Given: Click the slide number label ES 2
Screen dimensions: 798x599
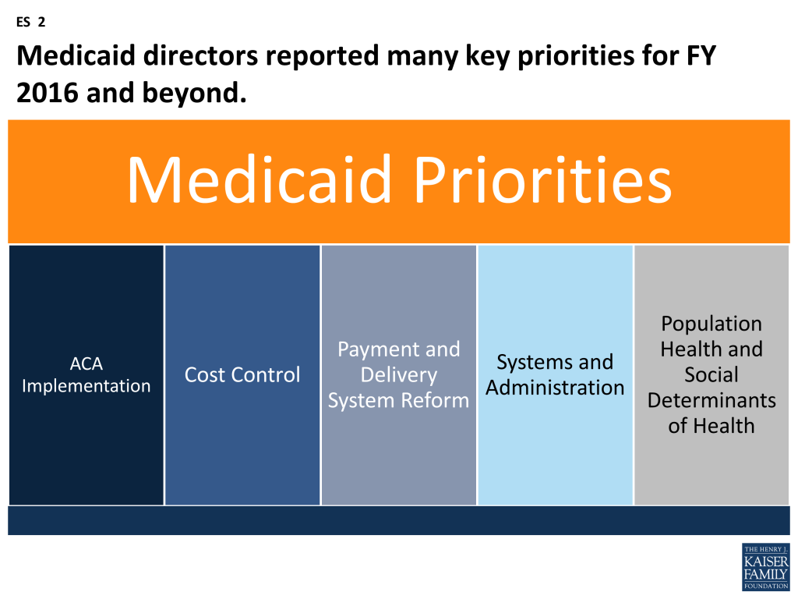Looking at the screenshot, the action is point(30,22).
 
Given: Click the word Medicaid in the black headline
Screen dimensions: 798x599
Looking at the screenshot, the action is point(76,55).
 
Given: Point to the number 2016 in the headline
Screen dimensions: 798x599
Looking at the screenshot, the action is point(48,93).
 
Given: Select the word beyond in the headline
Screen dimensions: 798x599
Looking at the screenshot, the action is point(194,94).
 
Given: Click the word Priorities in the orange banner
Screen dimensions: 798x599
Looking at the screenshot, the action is point(542,180).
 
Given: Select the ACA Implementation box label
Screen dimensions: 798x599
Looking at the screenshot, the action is point(86,375).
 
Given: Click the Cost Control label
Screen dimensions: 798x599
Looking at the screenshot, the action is point(242,375).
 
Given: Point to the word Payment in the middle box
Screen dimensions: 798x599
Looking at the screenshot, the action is point(378,350).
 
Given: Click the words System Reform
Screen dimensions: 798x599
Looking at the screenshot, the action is point(398,400).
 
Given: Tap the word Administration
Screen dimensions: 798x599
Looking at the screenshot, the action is point(555,388).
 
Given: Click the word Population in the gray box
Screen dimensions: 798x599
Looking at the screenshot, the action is point(711,324).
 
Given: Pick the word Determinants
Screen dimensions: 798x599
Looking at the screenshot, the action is point(711,400).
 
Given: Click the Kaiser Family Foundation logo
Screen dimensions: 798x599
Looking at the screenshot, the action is point(765,566).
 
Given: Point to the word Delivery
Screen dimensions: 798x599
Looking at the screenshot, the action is point(398,375).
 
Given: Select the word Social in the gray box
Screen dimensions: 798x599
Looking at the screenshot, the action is point(711,375).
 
